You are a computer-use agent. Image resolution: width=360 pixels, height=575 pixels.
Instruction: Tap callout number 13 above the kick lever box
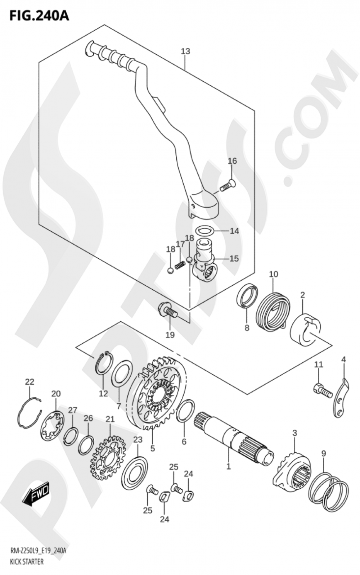pos(185,51)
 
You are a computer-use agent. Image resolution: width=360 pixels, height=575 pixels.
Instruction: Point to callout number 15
pos(234,258)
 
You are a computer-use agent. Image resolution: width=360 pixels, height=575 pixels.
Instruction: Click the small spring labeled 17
pos(180,266)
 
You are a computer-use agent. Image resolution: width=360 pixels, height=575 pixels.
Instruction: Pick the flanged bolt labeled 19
pos(167,310)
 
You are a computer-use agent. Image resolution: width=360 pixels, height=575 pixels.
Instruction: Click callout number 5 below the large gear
pos(153,448)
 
